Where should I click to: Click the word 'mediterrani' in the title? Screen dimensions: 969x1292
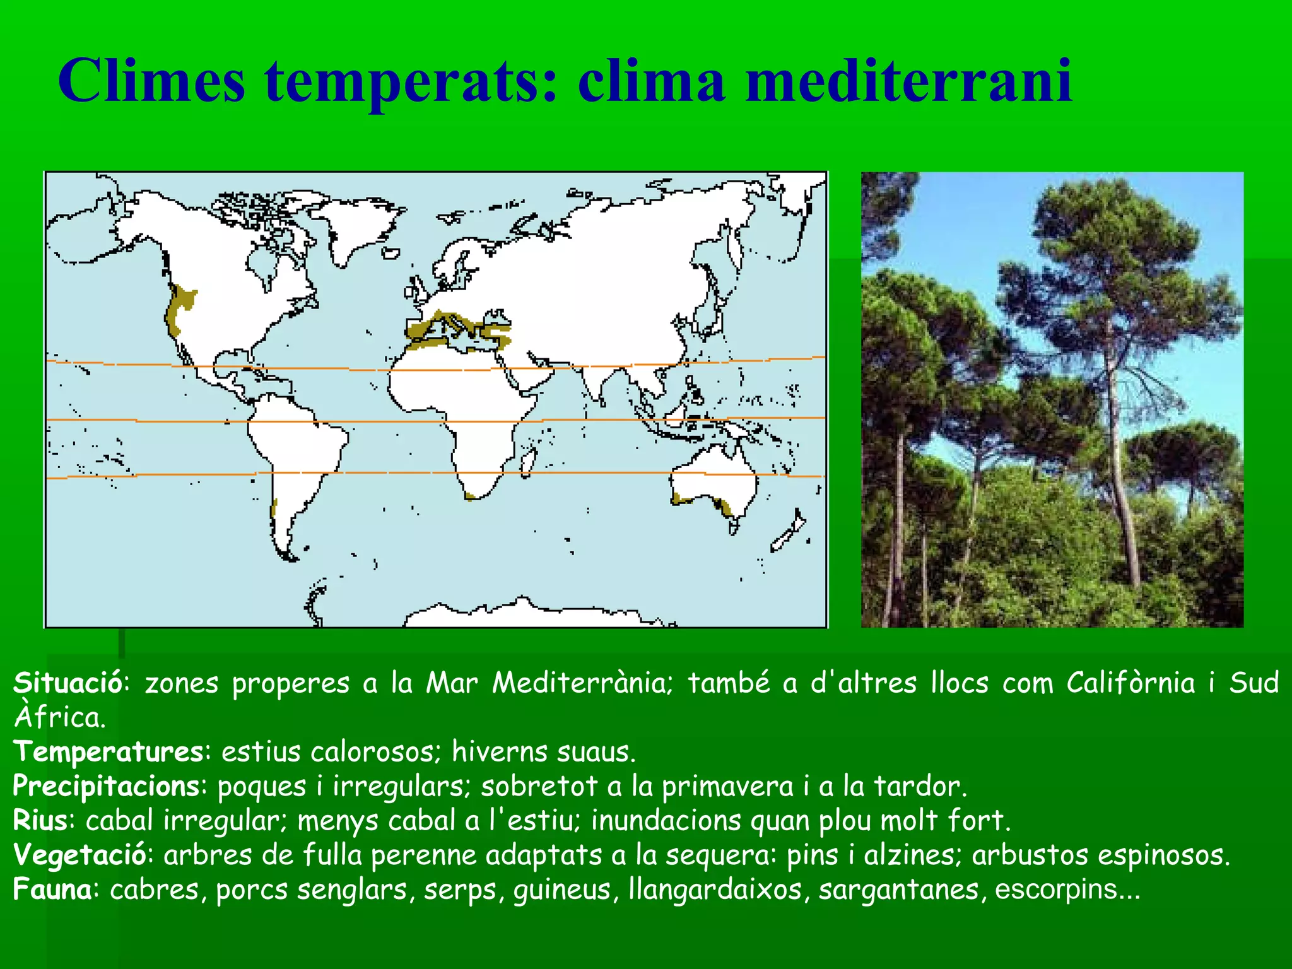click(908, 81)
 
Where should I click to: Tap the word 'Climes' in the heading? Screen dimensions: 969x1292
click(151, 81)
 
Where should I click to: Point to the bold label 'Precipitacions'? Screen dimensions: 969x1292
click(107, 787)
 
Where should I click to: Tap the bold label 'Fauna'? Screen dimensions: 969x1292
click(53, 890)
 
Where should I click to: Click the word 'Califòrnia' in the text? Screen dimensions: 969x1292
click(1130, 683)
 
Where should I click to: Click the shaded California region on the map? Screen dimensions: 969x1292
click(179, 306)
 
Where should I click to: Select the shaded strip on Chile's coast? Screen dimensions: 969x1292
click(274, 508)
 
